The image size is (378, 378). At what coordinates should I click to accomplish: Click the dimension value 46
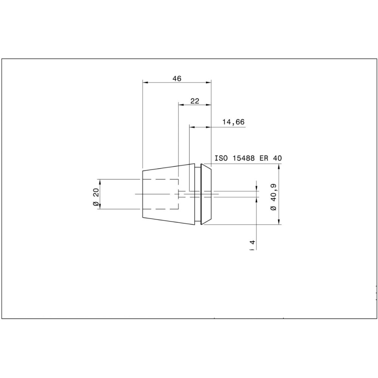click(177, 79)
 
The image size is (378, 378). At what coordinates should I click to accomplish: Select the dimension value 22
click(195, 101)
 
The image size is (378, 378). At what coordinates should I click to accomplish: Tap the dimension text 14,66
click(233, 122)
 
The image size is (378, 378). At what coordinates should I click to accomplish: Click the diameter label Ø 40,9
click(274, 197)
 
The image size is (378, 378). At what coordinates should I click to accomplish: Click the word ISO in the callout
click(221, 158)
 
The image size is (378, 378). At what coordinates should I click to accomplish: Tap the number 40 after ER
click(277, 158)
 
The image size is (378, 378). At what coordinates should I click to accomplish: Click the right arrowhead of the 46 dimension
click(208, 82)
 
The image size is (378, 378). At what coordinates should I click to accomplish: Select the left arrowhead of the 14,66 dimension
click(192, 127)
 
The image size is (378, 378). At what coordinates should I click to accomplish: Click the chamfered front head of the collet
click(206, 194)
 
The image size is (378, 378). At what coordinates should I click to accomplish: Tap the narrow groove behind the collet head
click(198, 194)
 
